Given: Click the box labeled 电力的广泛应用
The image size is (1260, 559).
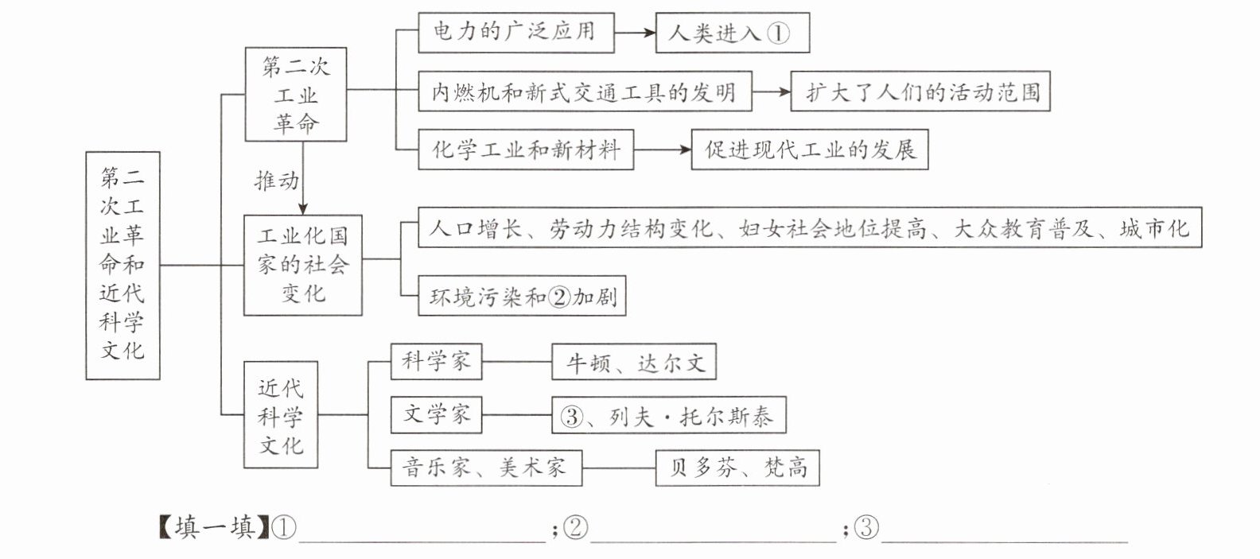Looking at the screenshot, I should (515, 33).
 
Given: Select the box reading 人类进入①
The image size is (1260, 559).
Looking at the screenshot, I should (732, 33).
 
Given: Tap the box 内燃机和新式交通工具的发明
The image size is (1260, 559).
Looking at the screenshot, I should (585, 92).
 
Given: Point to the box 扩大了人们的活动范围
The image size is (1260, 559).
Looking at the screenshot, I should (920, 92).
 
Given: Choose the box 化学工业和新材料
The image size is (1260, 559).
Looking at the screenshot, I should (526, 149).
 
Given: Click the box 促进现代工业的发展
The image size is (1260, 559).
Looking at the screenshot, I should (809, 149).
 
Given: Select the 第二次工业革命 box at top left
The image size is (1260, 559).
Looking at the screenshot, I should (295, 95).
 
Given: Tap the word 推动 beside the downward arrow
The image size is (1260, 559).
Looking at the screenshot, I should (276, 181).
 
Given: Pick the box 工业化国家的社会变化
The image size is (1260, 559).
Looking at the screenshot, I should (302, 265).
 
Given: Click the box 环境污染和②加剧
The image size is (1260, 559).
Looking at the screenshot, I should (522, 297).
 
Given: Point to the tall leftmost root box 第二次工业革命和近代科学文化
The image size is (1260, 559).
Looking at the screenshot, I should (122, 265).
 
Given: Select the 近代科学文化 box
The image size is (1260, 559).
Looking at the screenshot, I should (281, 415).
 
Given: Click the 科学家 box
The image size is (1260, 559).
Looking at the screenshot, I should (436, 362).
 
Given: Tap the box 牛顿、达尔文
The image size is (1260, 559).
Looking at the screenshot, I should (634, 363).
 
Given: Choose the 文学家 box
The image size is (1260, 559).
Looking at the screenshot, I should (436, 414).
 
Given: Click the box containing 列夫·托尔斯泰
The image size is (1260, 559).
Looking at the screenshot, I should (668, 416).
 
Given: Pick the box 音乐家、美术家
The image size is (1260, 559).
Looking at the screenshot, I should (485, 468).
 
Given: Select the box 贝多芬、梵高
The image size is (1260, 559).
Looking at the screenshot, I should (737, 468).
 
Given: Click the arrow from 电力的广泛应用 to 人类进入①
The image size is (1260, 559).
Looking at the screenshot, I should (634, 33).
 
